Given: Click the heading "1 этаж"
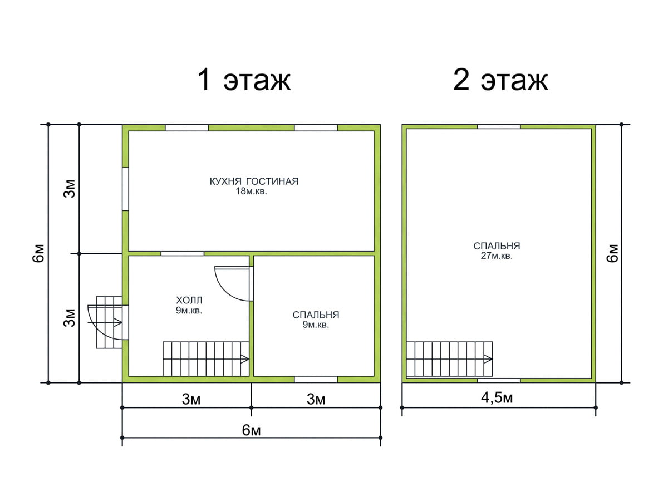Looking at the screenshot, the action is [x=244, y=80].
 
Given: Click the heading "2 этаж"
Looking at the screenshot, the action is [x=500, y=80].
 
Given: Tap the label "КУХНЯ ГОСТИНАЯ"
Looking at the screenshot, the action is [x=254, y=181].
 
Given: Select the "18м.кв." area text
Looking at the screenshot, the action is [x=251, y=191].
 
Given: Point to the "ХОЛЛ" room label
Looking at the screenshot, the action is [x=189, y=300].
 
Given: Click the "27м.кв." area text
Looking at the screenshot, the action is [x=497, y=256].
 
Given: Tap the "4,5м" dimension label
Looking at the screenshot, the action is [x=497, y=398].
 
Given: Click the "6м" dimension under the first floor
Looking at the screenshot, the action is [x=252, y=430].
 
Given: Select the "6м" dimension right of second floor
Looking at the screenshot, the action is [x=613, y=253].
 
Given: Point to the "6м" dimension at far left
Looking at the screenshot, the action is [x=38, y=253].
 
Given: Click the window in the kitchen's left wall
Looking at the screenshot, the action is [x=125, y=189].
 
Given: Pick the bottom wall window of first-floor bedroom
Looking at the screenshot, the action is [x=316, y=379].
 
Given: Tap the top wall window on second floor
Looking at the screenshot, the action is [x=499, y=126].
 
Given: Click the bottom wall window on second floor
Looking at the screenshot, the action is [x=499, y=381].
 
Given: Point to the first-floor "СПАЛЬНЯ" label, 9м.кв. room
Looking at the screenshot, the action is [x=316, y=315].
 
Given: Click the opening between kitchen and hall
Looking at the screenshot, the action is [x=182, y=254].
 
